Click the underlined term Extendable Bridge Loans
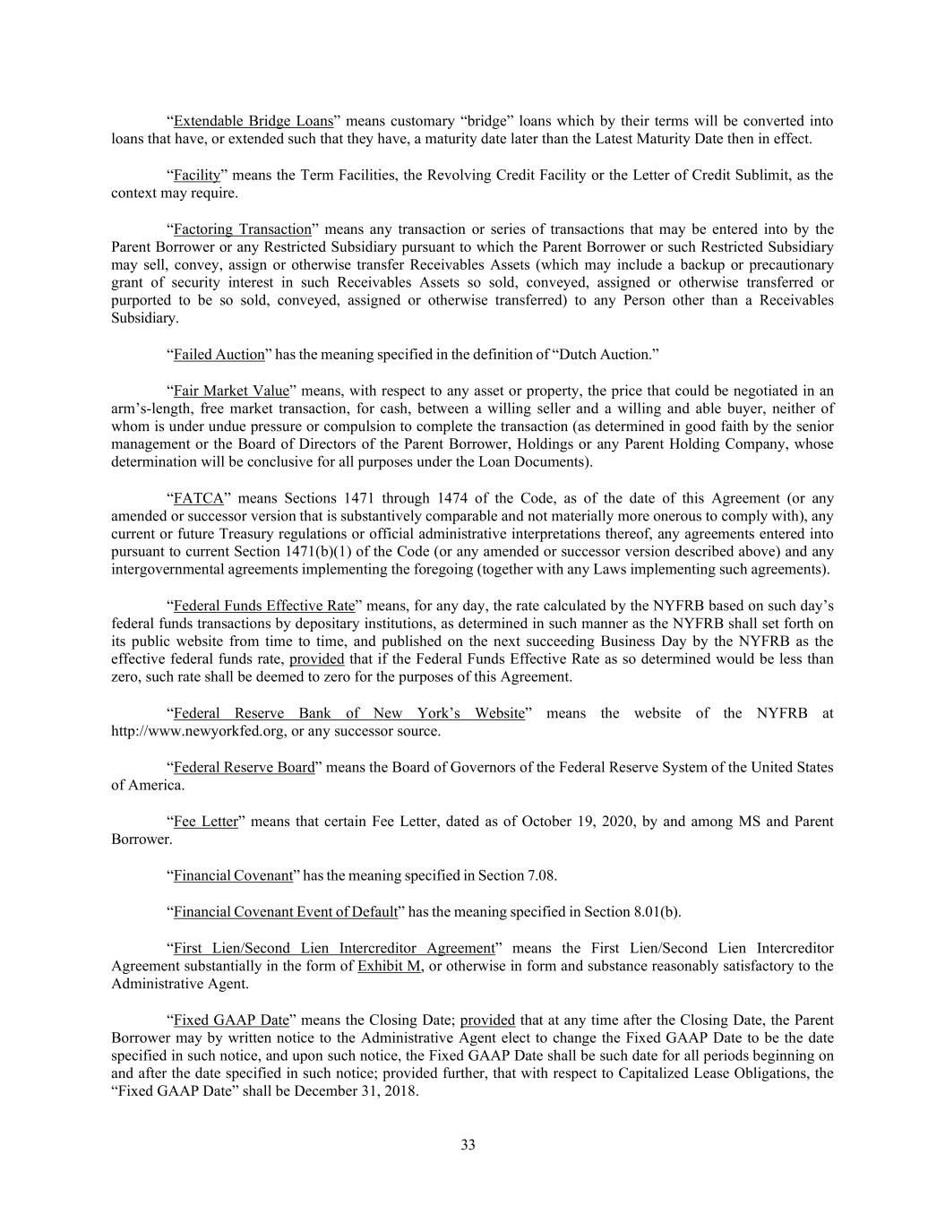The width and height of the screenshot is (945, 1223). pyautogui.click(x=253, y=121)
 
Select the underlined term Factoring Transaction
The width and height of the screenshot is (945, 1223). pyautogui.click(x=242, y=228)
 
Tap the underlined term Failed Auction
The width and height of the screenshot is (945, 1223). pyautogui.click(x=219, y=354)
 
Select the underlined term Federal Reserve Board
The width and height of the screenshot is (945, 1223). pyautogui.click(x=244, y=767)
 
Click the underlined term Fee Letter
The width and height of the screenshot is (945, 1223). pyautogui.click(x=206, y=822)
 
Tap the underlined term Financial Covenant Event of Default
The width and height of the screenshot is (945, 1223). pyautogui.click(x=286, y=912)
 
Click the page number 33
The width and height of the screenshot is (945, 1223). pyautogui.click(x=468, y=1145)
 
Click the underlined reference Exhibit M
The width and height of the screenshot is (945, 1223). pyautogui.click(x=390, y=966)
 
